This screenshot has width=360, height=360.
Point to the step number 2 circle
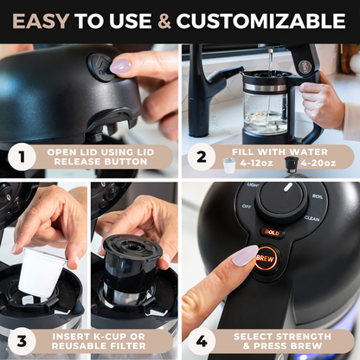202,158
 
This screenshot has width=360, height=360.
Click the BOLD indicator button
272,233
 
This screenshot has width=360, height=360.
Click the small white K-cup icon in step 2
228,164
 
